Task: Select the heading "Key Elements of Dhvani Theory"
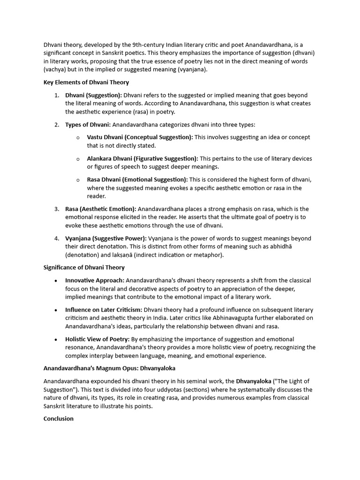[x=86, y=82]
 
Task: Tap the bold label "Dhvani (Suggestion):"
[x=93, y=95]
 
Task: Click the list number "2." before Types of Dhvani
[x=56, y=125]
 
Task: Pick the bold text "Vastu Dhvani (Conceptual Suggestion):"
[x=140, y=137]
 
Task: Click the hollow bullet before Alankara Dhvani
[x=78, y=159]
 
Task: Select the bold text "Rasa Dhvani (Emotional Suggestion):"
[x=137, y=180]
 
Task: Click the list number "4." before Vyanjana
[x=56, y=239]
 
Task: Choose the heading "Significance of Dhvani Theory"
[x=84, y=268]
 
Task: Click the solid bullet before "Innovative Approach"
[x=56, y=281]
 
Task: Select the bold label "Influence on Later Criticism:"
[x=104, y=310]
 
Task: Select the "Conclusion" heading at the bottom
[x=59, y=419]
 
